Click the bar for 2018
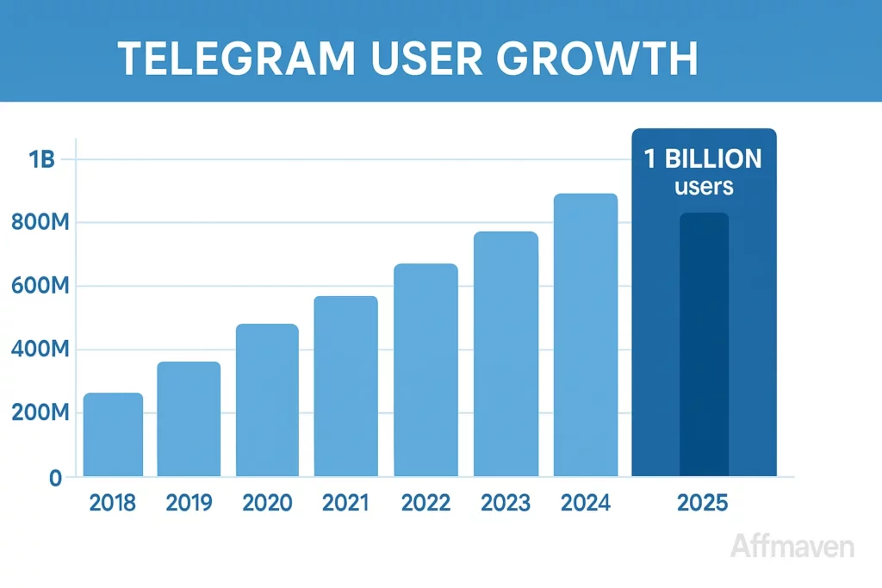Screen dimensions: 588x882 click(x=113, y=435)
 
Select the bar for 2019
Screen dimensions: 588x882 click(x=189, y=419)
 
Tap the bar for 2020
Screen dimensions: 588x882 click(x=267, y=400)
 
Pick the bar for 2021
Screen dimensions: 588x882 click(x=345, y=387)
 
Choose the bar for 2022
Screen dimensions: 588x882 click(x=425, y=370)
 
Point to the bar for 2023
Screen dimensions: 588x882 click(x=506, y=354)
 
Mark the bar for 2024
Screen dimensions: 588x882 click(x=586, y=335)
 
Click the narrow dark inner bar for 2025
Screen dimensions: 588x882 click(x=704, y=344)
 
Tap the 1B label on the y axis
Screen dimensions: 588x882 click(x=41, y=160)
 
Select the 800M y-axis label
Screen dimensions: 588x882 click(x=40, y=224)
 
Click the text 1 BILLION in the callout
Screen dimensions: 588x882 click(x=703, y=159)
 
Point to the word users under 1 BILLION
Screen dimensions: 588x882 click(x=704, y=186)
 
